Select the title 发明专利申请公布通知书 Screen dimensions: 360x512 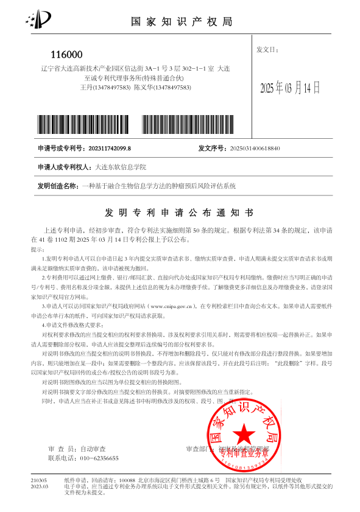click(x=180, y=212)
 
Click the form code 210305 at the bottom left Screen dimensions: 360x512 click(x=39, y=481)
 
